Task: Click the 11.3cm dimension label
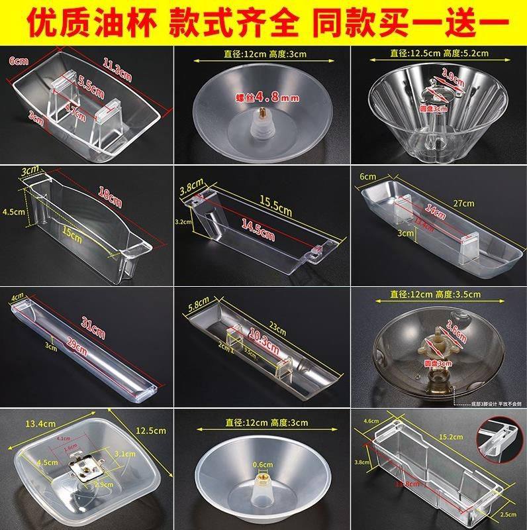pyautogui.click(x=118, y=68)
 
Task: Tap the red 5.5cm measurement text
pyautogui.click(x=91, y=85)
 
